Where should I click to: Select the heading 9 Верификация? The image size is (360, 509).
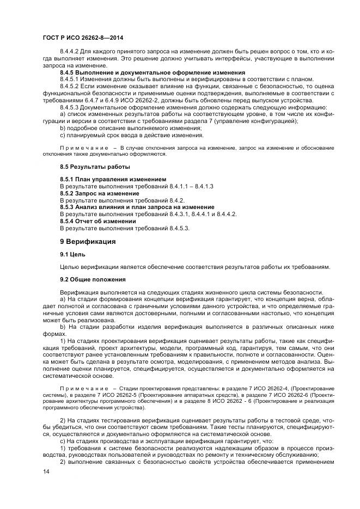(87, 241)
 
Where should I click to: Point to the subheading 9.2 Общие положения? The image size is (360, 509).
(93, 279)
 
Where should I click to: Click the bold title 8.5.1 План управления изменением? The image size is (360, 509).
(113, 179)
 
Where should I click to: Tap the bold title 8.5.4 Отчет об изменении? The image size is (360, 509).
(98, 221)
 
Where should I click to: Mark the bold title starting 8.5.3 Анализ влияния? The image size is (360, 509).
(137, 207)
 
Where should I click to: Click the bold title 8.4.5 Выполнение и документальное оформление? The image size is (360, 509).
(152, 72)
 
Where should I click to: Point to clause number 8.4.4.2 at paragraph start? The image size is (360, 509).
(72, 52)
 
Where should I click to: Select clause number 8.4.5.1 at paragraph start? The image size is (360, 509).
(72, 79)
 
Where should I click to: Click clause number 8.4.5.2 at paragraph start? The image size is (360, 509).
(72, 87)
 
